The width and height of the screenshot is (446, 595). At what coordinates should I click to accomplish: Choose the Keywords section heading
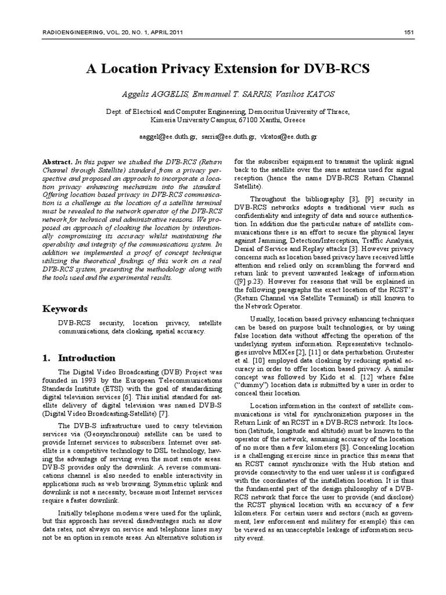tap(66, 308)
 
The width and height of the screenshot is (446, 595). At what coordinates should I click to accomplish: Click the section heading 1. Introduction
tap(79, 358)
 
